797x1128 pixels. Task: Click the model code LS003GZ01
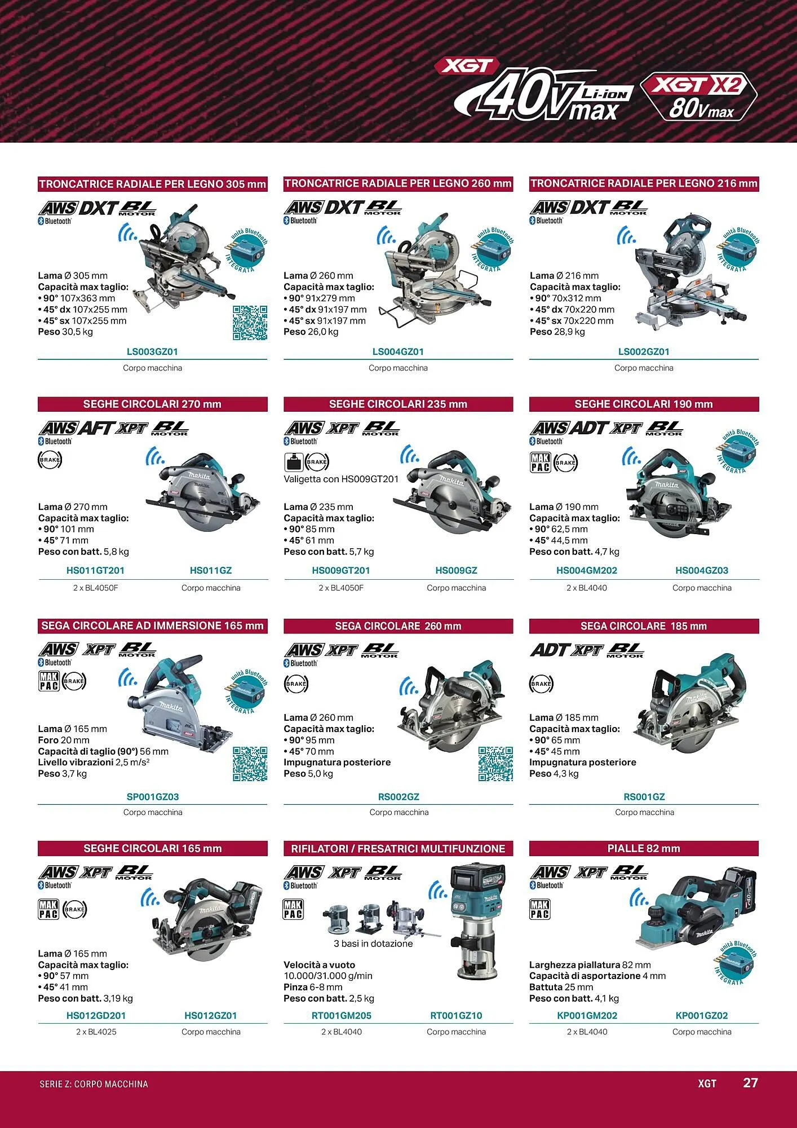pos(152,352)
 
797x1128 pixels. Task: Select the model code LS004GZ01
pos(398,352)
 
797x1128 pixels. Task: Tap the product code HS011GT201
pos(95,571)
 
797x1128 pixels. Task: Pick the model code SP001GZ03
pos(153,797)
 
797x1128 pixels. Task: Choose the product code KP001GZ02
pos(702,1016)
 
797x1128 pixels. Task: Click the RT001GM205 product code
pos(342,1016)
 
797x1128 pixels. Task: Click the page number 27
pos(750,1083)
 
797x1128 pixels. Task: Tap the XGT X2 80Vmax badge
pos(699,96)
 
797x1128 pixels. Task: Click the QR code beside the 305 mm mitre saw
pos(250,323)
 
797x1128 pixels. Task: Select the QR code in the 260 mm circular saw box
pos(495,764)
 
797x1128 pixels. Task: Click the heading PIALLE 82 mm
pos(644,848)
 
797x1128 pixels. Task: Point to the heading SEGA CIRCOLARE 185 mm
pos(644,626)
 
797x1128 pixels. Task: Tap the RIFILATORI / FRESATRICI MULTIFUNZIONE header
pos(398,848)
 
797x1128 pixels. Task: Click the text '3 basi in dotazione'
pos(373,944)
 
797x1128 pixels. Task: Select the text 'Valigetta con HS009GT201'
pos(341,479)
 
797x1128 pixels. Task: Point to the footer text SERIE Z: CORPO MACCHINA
pos(94,1084)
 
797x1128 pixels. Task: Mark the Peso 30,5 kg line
pos(65,332)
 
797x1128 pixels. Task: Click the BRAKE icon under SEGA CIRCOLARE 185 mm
pos(541,684)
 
